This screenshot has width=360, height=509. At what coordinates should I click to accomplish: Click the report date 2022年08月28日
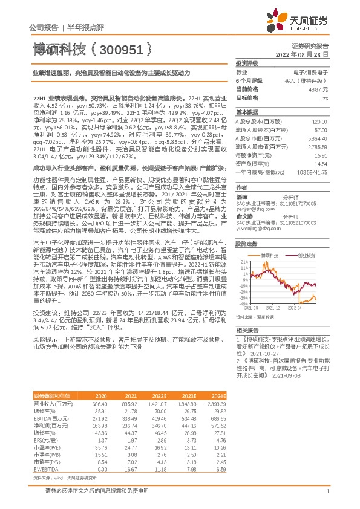(x=306, y=54)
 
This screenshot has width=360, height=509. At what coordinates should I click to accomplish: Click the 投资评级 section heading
(x=247, y=63)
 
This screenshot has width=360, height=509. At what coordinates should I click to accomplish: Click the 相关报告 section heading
(x=247, y=330)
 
